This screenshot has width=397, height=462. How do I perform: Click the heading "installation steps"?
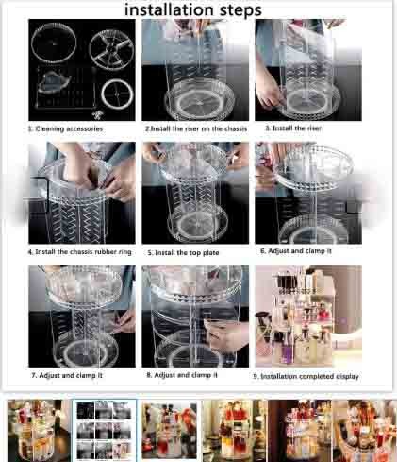pyautogui.click(x=193, y=9)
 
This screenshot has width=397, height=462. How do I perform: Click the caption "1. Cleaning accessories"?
pyautogui.click(x=65, y=128)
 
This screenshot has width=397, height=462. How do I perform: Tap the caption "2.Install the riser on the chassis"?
pyautogui.click(x=196, y=128)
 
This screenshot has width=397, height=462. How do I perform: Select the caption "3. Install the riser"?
pyautogui.click(x=293, y=128)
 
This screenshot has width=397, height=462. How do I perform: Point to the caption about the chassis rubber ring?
pyautogui.click(x=79, y=252)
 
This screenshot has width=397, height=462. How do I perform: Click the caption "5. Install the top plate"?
pyautogui.click(x=183, y=252)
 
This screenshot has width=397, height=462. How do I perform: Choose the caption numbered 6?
pyautogui.click(x=296, y=251)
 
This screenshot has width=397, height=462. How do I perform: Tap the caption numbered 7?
pyautogui.click(x=67, y=375)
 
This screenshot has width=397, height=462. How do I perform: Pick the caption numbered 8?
pyautogui.click(x=182, y=375)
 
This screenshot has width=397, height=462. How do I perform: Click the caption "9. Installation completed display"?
pyautogui.click(x=306, y=376)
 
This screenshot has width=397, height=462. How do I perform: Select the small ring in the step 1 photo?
pyautogui.click(x=117, y=94)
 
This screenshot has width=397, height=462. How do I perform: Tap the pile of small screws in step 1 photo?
pyautogui.click(x=98, y=114)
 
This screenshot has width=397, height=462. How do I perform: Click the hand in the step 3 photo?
pyautogui.click(x=270, y=93)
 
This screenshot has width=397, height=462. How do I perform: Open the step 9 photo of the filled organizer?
pyautogui.click(x=308, y=316)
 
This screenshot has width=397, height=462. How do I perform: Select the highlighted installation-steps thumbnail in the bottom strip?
pyautogui.click(x=105, y=430)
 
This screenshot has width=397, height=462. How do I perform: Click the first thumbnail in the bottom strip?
pyautogui.click(x=39, y=430)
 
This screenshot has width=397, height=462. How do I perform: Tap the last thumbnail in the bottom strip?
pyautogui.click(x=365, y=431)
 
